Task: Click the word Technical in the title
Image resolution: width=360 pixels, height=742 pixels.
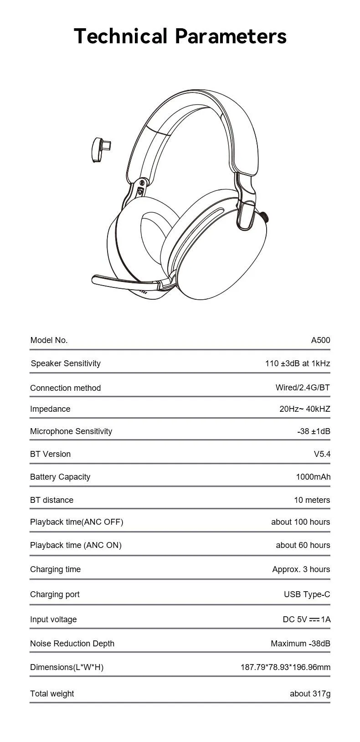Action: point(120,36)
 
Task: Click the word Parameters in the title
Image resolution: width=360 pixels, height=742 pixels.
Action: point(231,36)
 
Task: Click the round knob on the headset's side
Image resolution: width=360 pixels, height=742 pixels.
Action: point(265,217)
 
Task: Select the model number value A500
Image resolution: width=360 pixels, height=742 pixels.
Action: point(320,340)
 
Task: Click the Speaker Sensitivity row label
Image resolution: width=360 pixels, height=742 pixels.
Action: point(66,363)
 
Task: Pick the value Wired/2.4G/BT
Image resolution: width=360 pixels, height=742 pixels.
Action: point(303,388)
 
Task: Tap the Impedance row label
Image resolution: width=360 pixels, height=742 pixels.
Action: point(50,409)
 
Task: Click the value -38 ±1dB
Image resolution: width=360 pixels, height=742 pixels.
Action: point(314,431)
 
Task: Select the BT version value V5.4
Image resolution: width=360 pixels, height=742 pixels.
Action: point(322,454)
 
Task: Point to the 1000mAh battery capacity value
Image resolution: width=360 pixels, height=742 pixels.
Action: point(313,477)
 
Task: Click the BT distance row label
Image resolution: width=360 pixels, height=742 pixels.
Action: point(51,500)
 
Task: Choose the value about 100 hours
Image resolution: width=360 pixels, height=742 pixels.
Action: point(300,522)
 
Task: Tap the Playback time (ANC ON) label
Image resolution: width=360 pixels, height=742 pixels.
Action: point(76,545)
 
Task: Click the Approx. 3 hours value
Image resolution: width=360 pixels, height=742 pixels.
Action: point(301,569)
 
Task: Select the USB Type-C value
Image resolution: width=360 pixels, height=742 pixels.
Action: point(307,594)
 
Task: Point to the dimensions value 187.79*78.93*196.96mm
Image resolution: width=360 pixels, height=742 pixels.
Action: point(285,667)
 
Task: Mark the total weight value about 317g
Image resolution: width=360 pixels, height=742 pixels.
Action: point(310,694)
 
